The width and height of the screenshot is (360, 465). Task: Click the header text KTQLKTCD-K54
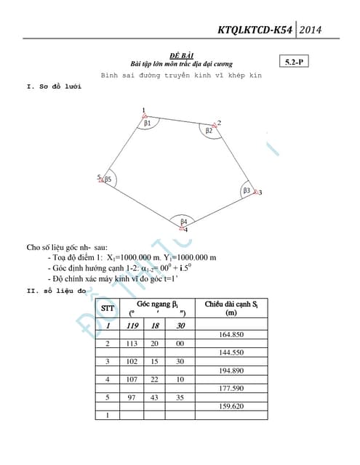point(256,31)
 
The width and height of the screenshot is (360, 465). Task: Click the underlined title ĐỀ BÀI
point(180,56)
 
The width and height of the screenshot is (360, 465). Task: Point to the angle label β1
point(148,124)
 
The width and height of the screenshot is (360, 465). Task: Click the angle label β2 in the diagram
point(209,131)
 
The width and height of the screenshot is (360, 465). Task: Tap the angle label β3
point(247,190)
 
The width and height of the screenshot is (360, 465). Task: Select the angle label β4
point(184,221)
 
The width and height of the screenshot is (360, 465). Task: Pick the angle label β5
point(108,179)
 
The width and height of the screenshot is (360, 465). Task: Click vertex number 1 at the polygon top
point(143,110)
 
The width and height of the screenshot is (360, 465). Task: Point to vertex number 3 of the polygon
point(260,193)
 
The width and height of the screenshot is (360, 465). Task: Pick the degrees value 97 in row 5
point(132,397)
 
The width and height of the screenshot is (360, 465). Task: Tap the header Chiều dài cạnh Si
point(232,308)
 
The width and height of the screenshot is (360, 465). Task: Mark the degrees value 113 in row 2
point(132,344)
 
